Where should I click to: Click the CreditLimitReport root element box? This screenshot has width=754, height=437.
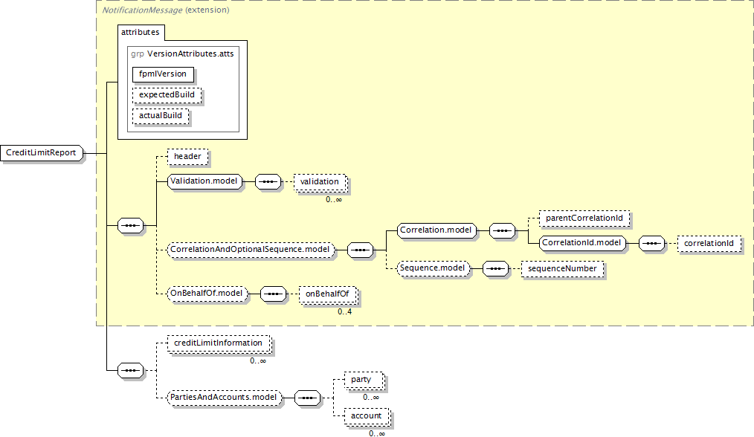pyautogui.click(x=42, y=153)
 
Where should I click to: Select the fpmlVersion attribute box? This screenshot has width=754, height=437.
pyautogui.click(x=163, y=74)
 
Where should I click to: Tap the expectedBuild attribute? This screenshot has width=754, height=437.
pyautogui.click(x=167, y=94)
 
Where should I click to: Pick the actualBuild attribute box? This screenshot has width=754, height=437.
pyautogui.click(x=161, y=116)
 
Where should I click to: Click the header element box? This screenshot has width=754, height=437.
pyautogui.click(x=187, y=157)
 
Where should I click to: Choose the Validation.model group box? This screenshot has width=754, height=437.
pyautogui.click(x=204, y=181)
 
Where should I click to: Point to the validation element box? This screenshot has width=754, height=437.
pyautogui.click(x=320, y=182)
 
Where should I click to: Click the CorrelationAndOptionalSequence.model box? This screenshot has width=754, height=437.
pyautogui.click(x=251, y=250)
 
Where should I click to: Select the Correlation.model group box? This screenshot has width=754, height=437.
pyautogui.click(x=436, y=230)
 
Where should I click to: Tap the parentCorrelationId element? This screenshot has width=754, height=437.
pyautogui.click(x=584, y=218)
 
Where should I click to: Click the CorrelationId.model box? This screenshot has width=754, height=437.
pyautogui.click(x=582, y=243)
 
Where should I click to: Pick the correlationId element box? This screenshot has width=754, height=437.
pyautogui.click(x=709, y=244)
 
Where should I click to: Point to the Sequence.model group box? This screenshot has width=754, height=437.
pyautogui.click(x=433, y=268)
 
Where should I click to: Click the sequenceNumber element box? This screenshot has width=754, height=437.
pyautogui.click(x=562, y=269)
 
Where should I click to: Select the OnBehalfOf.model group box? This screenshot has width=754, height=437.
pyautogui.click(x=207, y=294)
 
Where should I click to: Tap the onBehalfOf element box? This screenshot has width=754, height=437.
pyautogui.click(x=327, y=294)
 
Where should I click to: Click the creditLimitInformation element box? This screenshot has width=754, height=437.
pyautogui.click(x=219, y=343)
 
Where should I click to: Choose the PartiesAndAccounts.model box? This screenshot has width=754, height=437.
pyautogui.click(x=224, y=398)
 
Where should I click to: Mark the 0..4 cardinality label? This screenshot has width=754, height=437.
pyautogui.click(x=345, y=312)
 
